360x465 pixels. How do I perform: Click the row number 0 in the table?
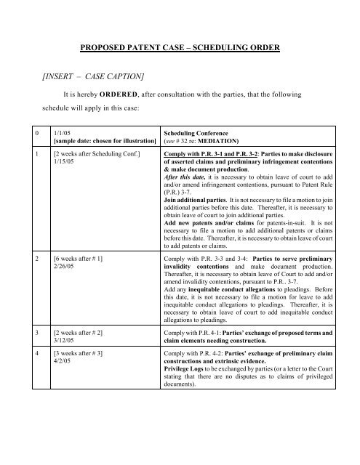[28, 153]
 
